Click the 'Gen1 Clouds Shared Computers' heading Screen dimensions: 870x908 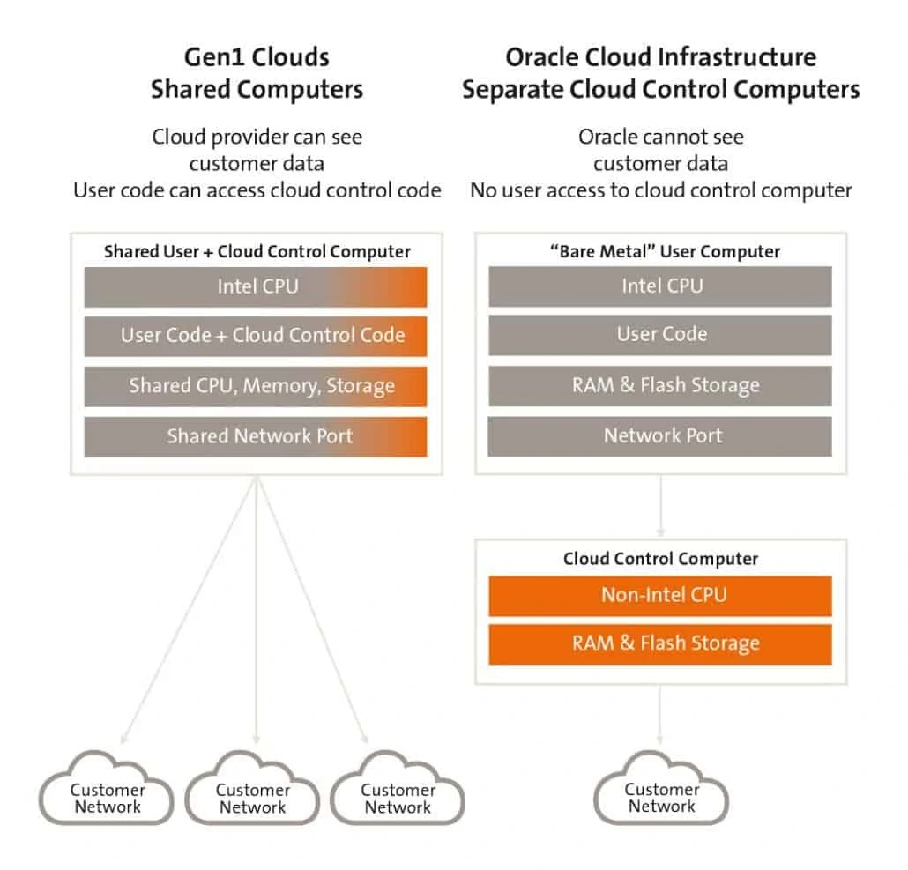point(256,73)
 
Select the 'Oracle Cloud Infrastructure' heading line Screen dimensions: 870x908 point(660,58)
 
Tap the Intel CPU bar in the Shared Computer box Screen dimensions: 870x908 point(256,286)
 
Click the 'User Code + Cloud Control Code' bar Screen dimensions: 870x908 point(256,336)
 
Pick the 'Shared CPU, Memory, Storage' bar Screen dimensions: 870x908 point(256,386)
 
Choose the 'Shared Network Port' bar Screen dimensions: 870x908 point(256,436)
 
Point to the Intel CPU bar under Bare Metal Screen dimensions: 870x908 point(660,286)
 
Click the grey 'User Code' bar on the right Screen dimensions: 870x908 point(660,335)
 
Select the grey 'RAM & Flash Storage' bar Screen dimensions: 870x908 point(660,386)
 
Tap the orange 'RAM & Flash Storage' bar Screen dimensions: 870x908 point(660,643)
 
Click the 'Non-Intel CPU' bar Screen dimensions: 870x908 point(660,595)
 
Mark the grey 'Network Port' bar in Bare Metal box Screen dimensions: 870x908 point(660,436)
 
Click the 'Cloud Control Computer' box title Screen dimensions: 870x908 point(660,559)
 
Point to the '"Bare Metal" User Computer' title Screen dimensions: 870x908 point(660,251)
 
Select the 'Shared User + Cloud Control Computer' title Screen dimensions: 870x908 point(257,251)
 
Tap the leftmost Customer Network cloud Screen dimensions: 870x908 point(107,797)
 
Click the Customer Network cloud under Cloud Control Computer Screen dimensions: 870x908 point(661,796)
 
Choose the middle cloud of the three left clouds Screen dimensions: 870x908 point(253,797)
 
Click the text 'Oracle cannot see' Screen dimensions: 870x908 point(660,137)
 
